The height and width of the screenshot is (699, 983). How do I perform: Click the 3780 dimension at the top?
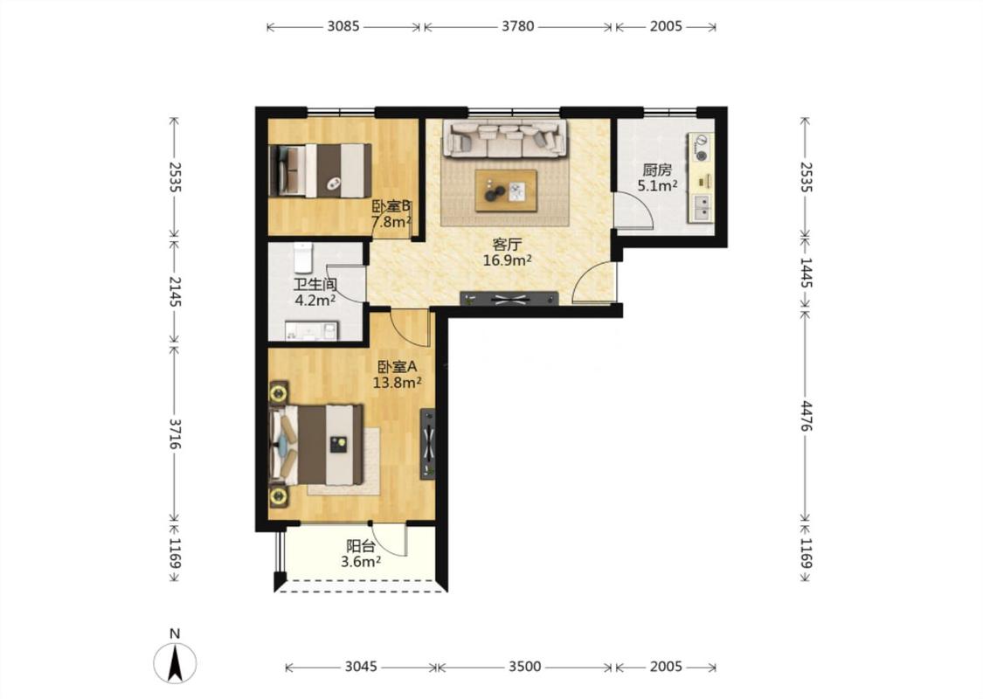[x=518, y=26]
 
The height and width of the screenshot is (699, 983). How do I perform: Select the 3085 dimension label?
[x=343, y=26]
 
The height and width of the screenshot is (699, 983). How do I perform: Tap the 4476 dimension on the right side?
[x=806, y=415]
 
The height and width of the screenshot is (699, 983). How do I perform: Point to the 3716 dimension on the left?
[x=174, y=434]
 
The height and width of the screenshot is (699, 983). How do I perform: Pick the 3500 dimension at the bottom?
[x=524, y=667]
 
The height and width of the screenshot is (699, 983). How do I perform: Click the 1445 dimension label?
[x=806, y=273]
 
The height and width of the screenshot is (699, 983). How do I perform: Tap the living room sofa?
[x=505, y=138]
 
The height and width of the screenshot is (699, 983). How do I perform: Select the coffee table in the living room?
[x=505, y=190]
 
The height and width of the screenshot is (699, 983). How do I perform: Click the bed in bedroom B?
[x=320, y=170]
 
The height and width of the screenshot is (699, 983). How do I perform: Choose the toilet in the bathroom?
[x=303, y=257]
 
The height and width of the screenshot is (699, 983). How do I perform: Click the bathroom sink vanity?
[x=312, y=331]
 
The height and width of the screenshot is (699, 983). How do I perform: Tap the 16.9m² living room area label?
[x=507, y=260]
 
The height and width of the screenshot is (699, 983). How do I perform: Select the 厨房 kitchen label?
[x=657, y=170]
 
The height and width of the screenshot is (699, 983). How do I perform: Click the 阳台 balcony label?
[x=361, y=547]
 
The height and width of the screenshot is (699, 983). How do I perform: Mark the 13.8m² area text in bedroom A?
[x=397, y=382]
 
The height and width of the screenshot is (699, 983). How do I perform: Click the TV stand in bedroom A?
[x=427, y=444]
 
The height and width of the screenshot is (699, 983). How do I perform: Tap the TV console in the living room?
[x=509, y=299]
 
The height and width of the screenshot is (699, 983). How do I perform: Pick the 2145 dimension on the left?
[x=174, y=292]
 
